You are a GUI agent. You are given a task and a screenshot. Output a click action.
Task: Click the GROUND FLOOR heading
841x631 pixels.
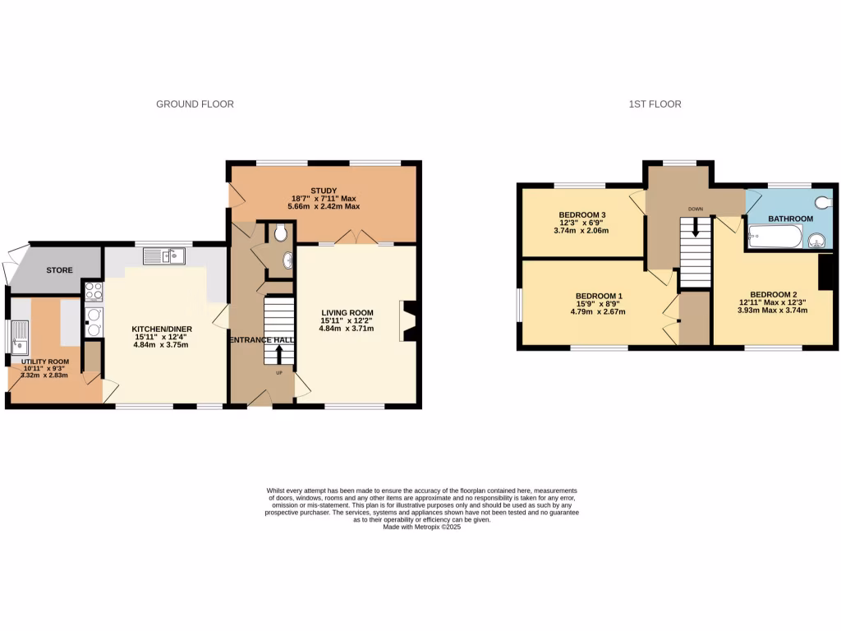pos(195,104)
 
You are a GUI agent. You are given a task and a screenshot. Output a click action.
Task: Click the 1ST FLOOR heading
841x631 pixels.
pos(655,104)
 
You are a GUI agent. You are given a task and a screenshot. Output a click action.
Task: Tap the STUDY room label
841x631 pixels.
pos(325,191)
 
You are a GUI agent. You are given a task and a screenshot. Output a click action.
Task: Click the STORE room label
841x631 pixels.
pos(59,270)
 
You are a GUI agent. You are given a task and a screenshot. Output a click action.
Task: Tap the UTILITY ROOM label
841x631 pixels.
pos(45,362)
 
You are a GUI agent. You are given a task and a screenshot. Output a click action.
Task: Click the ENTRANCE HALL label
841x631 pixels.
pos(262,340)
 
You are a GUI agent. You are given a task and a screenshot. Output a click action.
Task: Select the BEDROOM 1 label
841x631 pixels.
pos(599,296)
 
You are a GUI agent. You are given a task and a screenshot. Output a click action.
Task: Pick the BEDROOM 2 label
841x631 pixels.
pos(773,294)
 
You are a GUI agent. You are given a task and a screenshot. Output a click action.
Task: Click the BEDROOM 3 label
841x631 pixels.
pos(582,215)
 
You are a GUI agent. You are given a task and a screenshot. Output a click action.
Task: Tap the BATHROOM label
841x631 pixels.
pos(790,219)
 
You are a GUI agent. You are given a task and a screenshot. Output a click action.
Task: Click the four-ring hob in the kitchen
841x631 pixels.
pos(93,291)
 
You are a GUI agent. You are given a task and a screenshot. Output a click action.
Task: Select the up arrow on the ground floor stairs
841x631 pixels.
pos(278,353)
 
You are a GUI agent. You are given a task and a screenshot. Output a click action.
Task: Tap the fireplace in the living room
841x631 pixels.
pos(409,320)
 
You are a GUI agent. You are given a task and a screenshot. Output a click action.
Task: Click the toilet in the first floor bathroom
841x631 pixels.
pos(823,202)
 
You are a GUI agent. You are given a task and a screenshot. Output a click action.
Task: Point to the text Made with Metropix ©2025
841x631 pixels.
pos(422,527)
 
